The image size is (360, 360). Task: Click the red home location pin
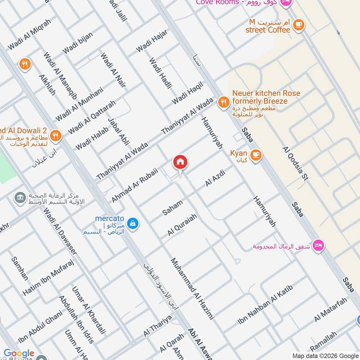pyautogui.click(x=180, y=162)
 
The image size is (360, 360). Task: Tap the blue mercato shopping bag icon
pyautogui.click(x=133, y=223)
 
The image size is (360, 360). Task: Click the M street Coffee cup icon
pyautogui.click(x=298, y=26)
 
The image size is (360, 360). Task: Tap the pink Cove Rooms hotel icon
pyautogui.click(x=284, y=3)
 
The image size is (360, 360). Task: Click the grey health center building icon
pyautogui.click(x=19, y=198)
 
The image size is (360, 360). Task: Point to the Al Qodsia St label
pyautogui.click(x=295, y=163)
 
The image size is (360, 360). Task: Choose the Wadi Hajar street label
pyautogui.click(x=152, y=40)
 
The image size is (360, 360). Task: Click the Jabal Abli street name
pyautogui.click(x=118, y=131)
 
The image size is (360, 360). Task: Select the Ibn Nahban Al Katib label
pyautogui.click(x=265, y=306)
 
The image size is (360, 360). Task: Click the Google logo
pyautogui.click(x=19, y=354)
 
